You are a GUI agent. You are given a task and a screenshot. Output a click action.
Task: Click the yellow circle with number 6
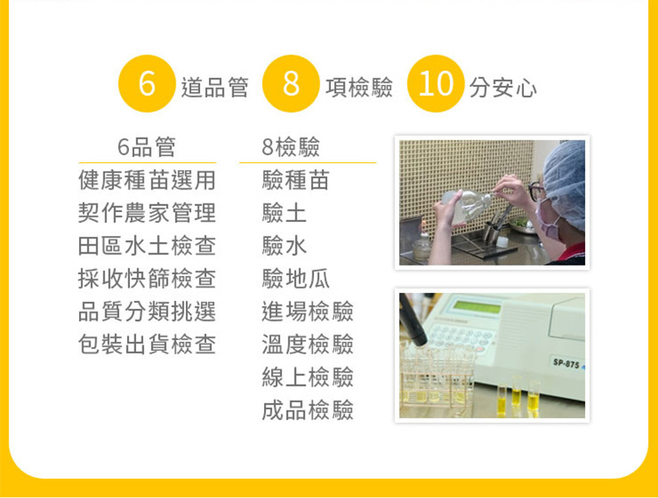pos(147,83)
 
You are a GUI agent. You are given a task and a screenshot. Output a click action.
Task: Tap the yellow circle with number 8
pos(290,83)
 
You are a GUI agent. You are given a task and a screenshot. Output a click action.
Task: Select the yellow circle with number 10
pos(435,83)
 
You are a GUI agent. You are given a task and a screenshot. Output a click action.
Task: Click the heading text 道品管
pos(214,88)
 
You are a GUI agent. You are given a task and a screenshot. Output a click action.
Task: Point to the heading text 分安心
pos(503,88)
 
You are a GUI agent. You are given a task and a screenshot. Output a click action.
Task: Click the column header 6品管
pos(147,146)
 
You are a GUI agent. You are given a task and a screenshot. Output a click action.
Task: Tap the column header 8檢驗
pos(290,146)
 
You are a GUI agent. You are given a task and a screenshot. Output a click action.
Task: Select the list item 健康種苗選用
pos(147,180)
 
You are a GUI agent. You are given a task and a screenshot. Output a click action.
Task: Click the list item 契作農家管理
pos(147,213)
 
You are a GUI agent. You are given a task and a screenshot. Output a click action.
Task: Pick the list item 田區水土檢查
pos(147,245)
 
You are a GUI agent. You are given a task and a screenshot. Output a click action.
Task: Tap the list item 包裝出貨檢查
pos(147,345)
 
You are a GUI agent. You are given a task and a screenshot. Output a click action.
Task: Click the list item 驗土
pos(284,213)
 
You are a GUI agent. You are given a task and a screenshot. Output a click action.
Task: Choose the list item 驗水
pos(284,245)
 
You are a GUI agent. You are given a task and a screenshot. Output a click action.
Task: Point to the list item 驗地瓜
pos(296,279)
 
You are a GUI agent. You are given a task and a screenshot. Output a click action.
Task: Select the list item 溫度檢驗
pos(308,345)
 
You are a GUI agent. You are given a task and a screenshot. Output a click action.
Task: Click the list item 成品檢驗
pos(308,410)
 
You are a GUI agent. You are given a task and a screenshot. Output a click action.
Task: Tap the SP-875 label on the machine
pos(566,363)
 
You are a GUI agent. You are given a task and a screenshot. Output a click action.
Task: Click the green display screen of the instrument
pos(478,307)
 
